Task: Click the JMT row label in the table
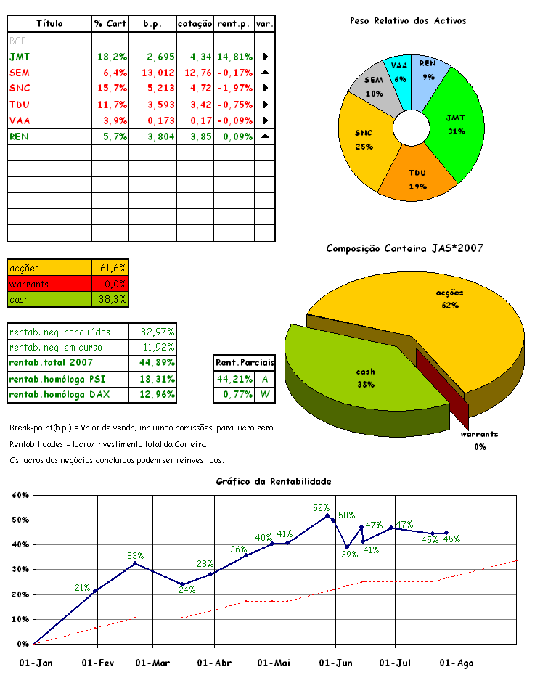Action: point(20,56)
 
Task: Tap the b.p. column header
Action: point(152,24)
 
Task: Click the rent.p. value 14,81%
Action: point(234,56)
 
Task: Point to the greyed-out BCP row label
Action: point(17,41)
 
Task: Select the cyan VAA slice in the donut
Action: point(399,71)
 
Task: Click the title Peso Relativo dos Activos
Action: point(408,21)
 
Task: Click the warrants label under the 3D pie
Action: point(480,434)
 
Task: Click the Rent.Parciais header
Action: point(245,361)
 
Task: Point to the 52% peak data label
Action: point(321,507)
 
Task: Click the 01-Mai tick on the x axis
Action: point(274,662)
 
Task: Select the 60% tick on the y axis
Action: point(20,495)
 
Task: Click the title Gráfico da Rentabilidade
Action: point(274,481)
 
